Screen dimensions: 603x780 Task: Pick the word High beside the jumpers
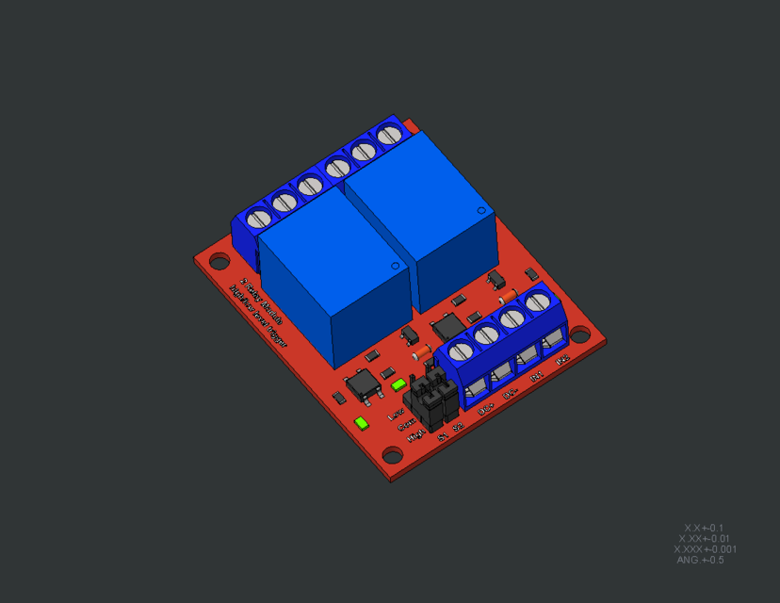(415, 436)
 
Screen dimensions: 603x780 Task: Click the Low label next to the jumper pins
(397, 415)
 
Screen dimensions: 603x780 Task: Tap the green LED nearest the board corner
(361, 422)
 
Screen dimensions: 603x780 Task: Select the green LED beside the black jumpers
(398, 384)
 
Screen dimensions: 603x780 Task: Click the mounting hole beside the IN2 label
(582, 334)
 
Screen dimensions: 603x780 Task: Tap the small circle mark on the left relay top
(394, 268)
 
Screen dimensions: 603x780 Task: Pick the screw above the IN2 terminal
(538, 302)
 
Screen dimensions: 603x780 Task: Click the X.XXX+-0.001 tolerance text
(705, 549)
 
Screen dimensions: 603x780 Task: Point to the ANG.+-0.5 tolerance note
(700, 560)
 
